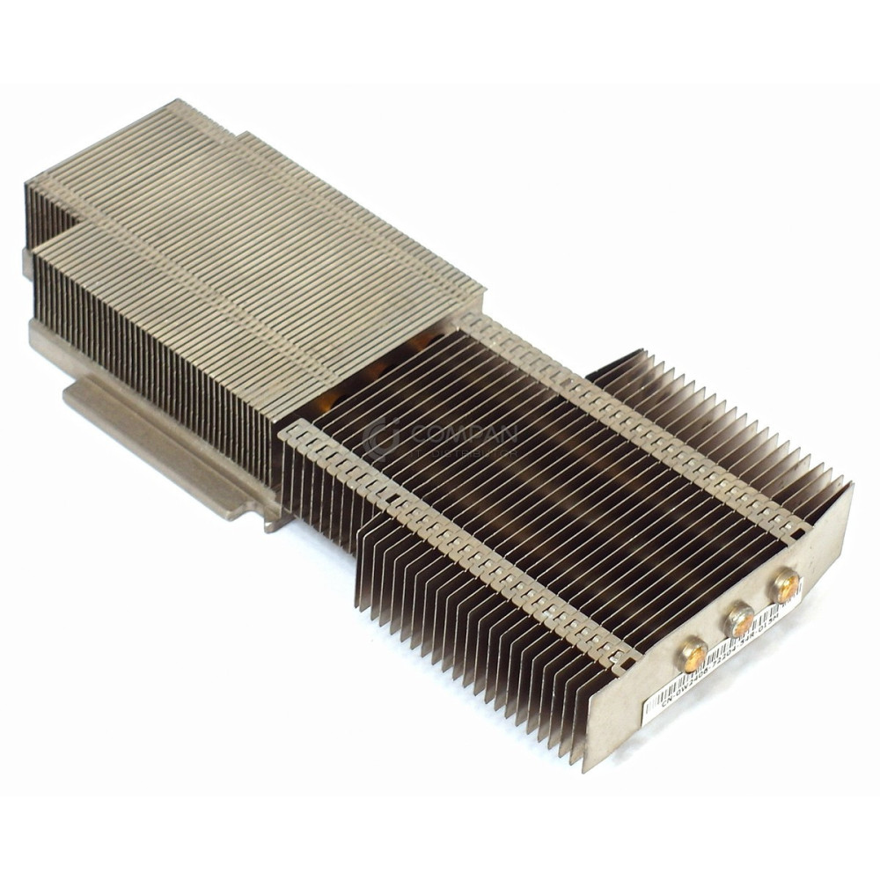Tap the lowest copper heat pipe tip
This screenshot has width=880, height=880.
coord(693,655)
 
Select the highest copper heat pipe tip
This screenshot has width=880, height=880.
coord(786,584)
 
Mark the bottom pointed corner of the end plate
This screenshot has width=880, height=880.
coord(587,768)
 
